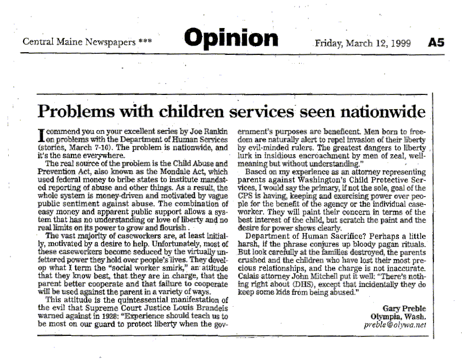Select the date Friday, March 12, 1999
tap(363, 43)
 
